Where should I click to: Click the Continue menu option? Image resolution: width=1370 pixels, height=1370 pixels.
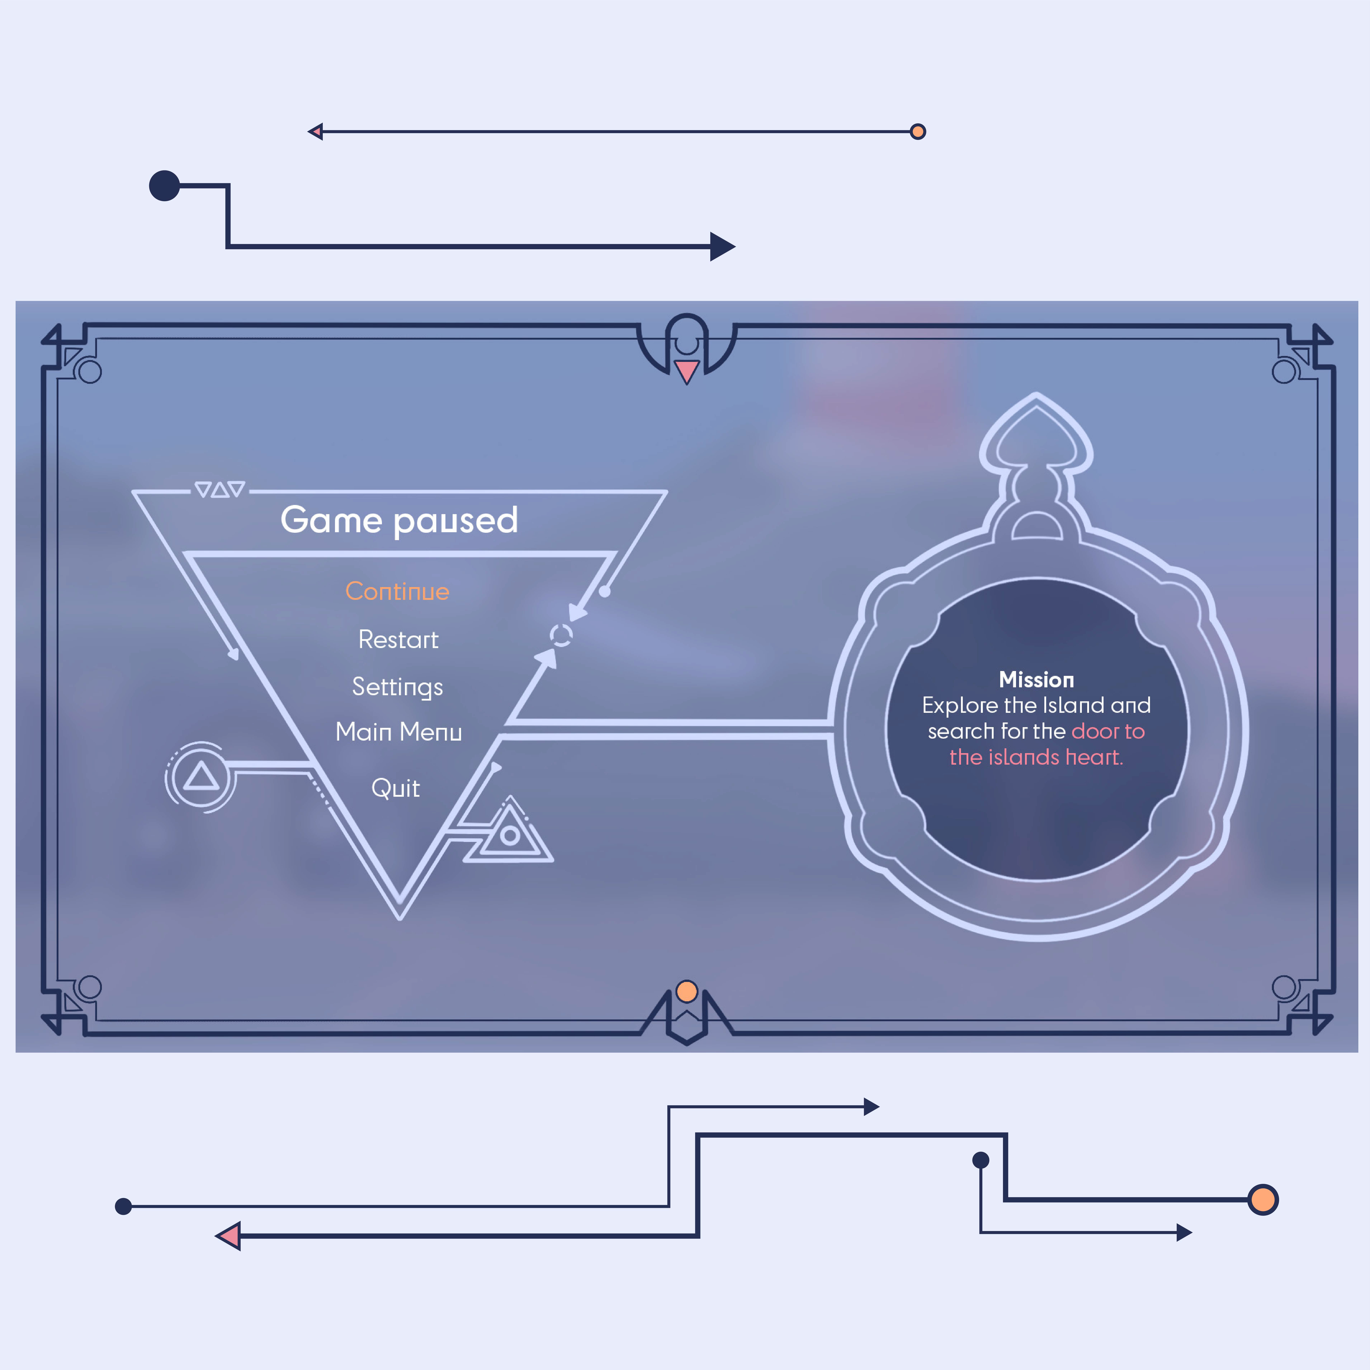point(397,591)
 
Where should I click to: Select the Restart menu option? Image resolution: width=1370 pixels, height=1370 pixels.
point(398,640)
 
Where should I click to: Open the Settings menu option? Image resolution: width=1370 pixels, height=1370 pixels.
point(398,687)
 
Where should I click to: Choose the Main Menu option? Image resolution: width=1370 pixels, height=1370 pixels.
point(398,732)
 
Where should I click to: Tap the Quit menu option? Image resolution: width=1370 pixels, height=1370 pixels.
point(396,788)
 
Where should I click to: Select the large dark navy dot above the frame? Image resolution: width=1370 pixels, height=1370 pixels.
point(164,186)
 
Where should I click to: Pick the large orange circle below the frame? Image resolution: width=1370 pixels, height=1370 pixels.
point(1263,1200)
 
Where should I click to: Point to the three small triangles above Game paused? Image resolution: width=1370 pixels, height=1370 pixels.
point(220,489)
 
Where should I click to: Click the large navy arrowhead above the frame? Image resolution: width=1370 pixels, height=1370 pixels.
point(722,247)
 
